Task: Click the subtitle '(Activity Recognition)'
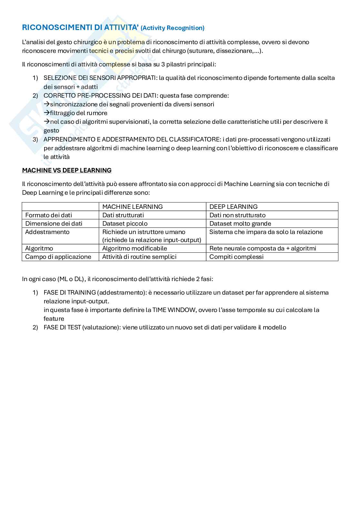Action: [x=173, y=28]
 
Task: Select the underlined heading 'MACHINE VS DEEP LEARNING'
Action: [x=67, y=170]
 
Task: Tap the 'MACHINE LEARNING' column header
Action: [x=132, y=207]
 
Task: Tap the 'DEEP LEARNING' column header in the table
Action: [x=234, y=207]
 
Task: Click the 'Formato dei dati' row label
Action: [x=48, y=215]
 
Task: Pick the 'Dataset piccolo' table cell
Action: [x=125, y=223]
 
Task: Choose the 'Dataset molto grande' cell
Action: [x=240, y=223]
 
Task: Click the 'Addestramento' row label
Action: [x=47, y=232]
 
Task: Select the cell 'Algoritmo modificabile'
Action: [x=135, y=248]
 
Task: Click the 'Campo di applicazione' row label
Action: [x=58, y=257]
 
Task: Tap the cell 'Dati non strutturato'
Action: [x=237, y=215]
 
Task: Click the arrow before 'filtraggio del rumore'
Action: [x=46, y=113]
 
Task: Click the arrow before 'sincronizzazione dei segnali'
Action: [x=46, y=104]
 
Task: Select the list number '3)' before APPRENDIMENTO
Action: [x=35, y=139]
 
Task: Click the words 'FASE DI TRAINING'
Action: [x=70, y=292]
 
